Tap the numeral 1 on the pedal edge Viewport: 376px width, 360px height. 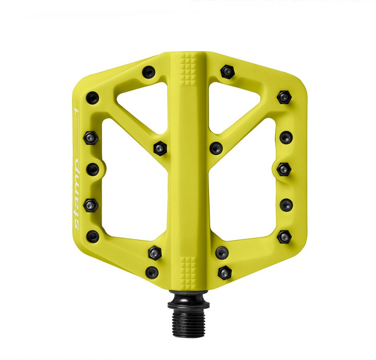(76, 111)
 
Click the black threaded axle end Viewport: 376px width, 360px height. (189, 324)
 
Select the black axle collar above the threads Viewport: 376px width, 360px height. (189, 300)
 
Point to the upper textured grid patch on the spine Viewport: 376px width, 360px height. (188, 69)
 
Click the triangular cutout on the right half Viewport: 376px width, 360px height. (234, 104)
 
